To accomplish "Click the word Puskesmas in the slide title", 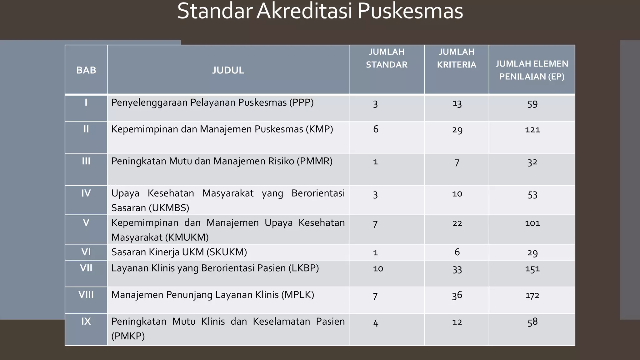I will coord(410,11).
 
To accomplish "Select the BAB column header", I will coord(86,70).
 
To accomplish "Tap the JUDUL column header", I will coord(228,70).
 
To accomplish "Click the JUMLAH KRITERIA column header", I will coord(457,58).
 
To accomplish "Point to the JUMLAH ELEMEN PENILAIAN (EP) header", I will coord(532,70).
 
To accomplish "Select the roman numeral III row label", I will coord(86,161).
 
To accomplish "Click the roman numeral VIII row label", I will coord(86,295).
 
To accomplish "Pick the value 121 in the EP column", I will coord(532,130).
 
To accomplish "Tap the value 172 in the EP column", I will coord(532,295).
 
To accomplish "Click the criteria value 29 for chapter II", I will coord(457,130).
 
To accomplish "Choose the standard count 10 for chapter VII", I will coord(378,268).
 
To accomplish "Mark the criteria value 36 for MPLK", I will coord(457,295).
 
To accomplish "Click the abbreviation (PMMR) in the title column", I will coord(314,161).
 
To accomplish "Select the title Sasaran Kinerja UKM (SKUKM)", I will coord(179,252).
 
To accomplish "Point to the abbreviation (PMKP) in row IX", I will coord(128,336).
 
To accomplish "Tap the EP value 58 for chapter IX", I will coord(532,322).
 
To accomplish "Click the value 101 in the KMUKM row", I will coord(532,223).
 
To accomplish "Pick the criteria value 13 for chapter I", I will coord(457,104).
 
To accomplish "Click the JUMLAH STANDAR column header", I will coord(387,58).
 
